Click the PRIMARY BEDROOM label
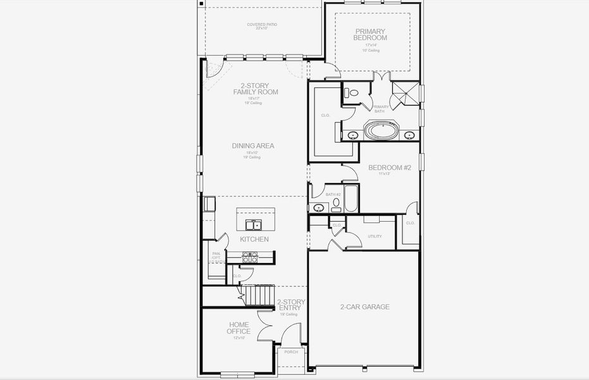pos(370,34)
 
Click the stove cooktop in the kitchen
pos(250,257)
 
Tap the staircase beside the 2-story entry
pos(257,294)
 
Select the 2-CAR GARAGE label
pos(364,307)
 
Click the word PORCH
pos(291,352)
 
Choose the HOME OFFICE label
pos(239,327)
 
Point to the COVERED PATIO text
pos(262,25)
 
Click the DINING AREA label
pos(252,146)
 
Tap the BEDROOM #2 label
pos(390,168)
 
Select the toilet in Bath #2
pos(336,204)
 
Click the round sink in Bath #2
pos(319,207)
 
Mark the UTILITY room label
pos(375,236)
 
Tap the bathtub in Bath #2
pos(351,199)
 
